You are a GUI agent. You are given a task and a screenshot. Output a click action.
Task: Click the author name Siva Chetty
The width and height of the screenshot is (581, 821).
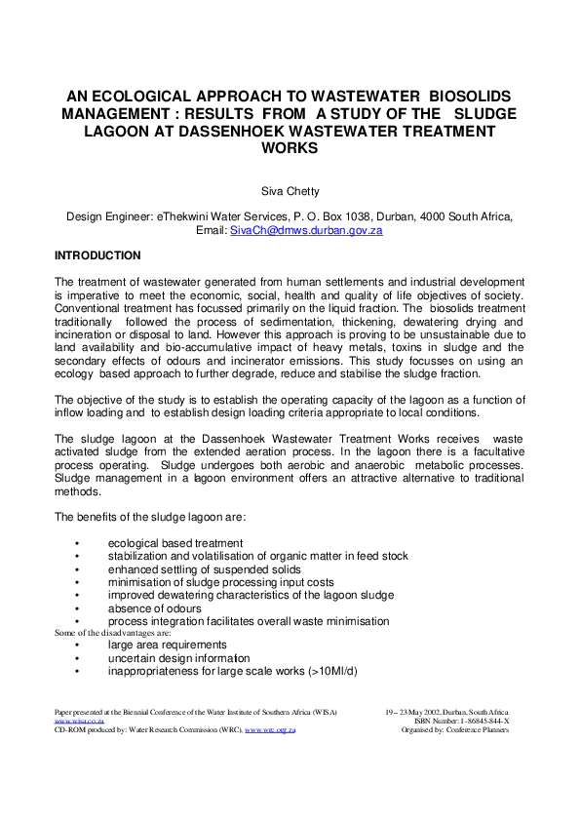(x=290, y=193)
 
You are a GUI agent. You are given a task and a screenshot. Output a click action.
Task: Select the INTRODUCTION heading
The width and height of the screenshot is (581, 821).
(x=97, y=255)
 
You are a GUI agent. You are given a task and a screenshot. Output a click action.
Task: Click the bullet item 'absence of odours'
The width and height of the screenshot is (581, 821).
(x=154, y=608)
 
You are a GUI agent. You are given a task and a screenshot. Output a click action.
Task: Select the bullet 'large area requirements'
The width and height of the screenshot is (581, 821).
(x=167, y=645)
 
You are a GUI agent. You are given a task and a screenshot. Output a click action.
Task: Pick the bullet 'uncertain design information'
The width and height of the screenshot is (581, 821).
(x=178, y=658)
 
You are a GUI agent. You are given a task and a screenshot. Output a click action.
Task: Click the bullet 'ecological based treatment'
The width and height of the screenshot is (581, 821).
(x=174, y=543)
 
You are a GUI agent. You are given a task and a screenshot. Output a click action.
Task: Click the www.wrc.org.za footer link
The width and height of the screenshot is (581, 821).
(x=270, y=730)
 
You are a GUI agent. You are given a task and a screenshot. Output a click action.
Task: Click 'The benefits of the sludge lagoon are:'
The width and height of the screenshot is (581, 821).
(x=149, y=517)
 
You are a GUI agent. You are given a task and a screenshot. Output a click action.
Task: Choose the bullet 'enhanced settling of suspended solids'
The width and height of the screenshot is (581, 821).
(x=204, y=569)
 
